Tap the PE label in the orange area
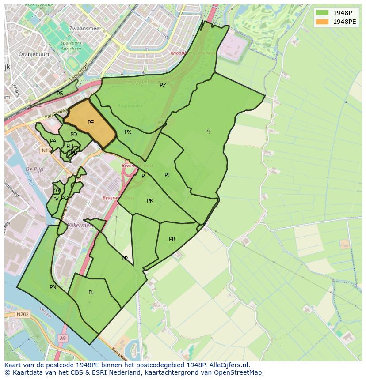pyautogui.click(x=91, y=123)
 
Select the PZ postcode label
pyautogui.click(x=163, y=85)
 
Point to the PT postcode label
pyautogui.click(x=208, y=132)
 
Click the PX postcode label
pyautogui.click(x=128, y=132)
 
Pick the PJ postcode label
pyautogui.click(x=167, y=175)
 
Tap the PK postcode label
pyautogui.click(x=150, y=201)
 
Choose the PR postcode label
pyautogui.click(x=172, y=239)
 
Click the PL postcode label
pyautogui.click(x=91, y=293)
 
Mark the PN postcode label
pyautogui.click(x=53, y=287)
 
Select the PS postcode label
pyautogui.click(x=60, y=94)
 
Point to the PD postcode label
pyautogui.click(x=74, y=135)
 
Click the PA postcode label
pyautogui.click(x=53, y=141)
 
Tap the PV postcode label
pyautogui.click(x=55, y=199)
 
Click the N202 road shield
pyautogui.click(x=23, y=315)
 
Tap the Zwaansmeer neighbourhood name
pyautogui.click(x=85, y=29)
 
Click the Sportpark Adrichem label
pyautogui.click(x=71, y=45)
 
